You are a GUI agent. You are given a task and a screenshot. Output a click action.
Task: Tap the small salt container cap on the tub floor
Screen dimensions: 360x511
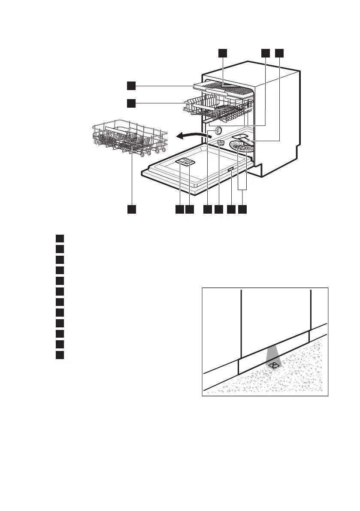(x=221, y=143)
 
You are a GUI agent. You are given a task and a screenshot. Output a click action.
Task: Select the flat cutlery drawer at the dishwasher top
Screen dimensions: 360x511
(x=223, y=89)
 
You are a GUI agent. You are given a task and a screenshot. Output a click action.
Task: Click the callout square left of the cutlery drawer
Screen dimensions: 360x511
(x=131, y=86)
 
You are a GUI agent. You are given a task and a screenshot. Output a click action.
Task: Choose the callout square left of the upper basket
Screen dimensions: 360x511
(x=131, y=103)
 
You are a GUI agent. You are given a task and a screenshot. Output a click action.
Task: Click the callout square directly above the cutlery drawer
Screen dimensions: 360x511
(x=222, y=53)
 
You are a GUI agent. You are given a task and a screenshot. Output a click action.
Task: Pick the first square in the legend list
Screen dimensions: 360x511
(x=60, y=238)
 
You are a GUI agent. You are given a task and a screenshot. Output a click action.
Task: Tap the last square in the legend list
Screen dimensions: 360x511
(x=60, y=355)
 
